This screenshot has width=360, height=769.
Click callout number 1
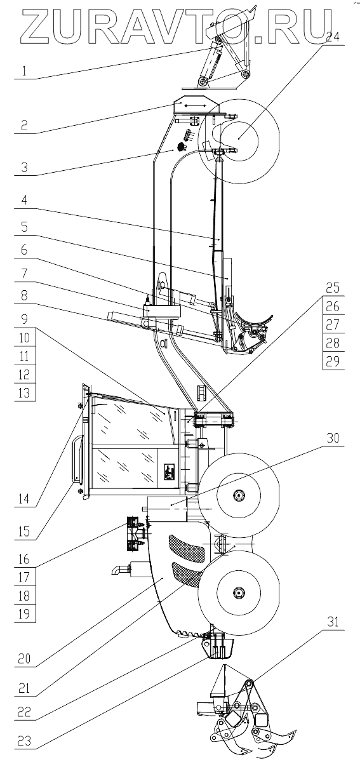pos(24,71)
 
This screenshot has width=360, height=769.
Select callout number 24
pos(332,37)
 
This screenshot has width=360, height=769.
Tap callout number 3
pos(24,168)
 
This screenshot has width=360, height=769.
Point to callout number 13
pos(24,392)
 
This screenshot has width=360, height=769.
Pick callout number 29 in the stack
pos(332,361)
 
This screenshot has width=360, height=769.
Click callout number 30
pos(332,438)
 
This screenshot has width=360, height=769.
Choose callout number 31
pos(332,622)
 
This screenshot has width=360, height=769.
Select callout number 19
pos(24,614)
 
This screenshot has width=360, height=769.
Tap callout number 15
pos(24,532)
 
